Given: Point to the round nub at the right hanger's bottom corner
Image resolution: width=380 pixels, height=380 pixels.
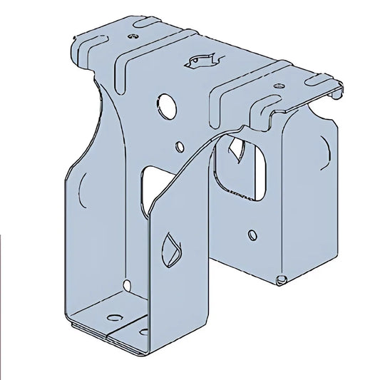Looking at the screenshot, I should point(281,278).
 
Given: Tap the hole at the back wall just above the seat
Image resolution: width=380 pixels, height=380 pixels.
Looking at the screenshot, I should point(127,286).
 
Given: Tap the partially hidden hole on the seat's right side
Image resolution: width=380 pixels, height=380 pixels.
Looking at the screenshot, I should point(144,331).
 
